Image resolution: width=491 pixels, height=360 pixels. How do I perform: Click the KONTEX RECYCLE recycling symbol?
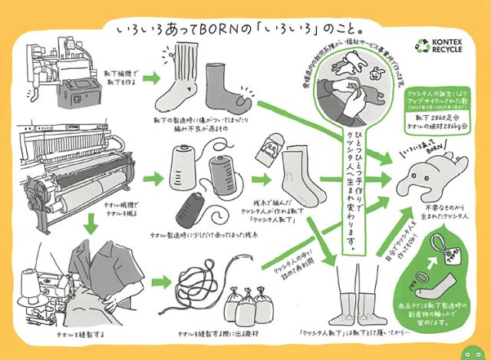pos(423,47)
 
